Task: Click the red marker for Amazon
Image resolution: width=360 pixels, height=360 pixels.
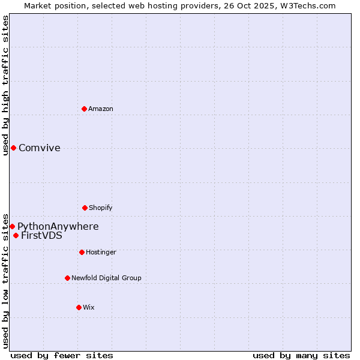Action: [x=84, y=109]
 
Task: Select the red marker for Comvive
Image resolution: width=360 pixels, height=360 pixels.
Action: [x=13, y=148]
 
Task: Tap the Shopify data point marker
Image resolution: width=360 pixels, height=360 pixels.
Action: [x=85, y=208]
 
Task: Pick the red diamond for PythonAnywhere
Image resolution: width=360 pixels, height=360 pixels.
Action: [x=12, y=226]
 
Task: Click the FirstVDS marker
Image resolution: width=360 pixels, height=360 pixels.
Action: [x=16, y=235]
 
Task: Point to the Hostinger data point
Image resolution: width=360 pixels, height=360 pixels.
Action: [x=82, y=252]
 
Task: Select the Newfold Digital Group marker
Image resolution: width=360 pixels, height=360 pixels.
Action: [x=67, y=278]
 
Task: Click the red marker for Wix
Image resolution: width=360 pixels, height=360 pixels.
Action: [x=79, y=307]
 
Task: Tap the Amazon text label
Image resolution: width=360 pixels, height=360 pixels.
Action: [x=101, y=109]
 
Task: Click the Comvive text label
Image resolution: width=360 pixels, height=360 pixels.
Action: [x=40, y=148]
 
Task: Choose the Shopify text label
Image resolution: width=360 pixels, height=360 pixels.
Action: [x=101, y=208]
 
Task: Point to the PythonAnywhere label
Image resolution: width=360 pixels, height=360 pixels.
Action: [x=58, y=227]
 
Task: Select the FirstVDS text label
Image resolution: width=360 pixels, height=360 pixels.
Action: [x=41, y=236]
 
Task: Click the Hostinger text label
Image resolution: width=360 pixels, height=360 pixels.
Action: [x=101, y=252]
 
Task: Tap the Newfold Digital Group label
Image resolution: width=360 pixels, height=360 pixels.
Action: [x=106, y=278]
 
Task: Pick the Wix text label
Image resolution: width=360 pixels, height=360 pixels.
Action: [x=89, y=307]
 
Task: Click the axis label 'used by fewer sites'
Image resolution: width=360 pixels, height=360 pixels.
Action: [x=62, y=355]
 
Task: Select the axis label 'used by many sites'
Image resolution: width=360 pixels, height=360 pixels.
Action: [x=301, y=355]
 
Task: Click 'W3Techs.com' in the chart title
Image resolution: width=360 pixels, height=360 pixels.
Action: [x=311, y=5]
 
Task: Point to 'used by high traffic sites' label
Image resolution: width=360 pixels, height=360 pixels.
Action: [x=5, y=85]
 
